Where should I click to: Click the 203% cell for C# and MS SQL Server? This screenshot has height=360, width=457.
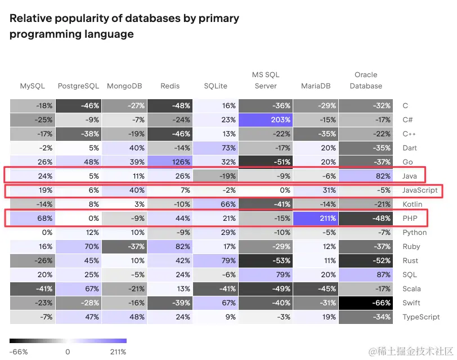265,119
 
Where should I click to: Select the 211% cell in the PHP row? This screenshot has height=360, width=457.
316,218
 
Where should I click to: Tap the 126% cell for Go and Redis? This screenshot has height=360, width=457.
169,162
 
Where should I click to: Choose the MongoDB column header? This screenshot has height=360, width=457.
124,86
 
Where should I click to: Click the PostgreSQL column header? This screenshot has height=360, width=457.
78,86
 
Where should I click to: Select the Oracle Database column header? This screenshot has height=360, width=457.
366,81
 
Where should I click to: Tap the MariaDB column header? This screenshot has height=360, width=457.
316,86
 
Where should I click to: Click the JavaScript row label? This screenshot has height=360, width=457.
420,190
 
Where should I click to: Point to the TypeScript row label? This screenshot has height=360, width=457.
421,317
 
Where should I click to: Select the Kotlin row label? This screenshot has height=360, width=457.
411,204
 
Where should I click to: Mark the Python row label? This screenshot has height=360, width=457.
414,232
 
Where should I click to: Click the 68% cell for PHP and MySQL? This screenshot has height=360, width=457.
33,218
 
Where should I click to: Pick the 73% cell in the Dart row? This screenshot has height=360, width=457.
215,148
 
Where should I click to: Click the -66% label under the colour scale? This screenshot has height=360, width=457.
19,352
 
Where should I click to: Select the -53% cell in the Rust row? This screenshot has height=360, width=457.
265,260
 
